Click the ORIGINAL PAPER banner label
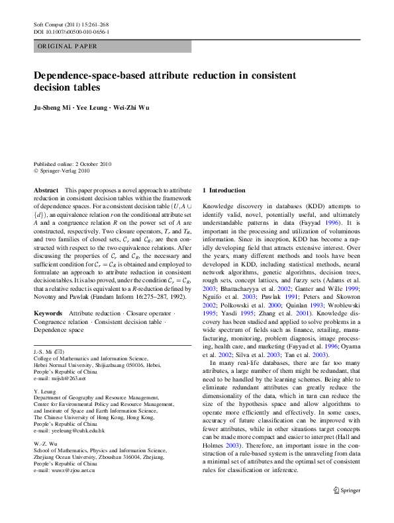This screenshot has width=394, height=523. (x=68, y=47)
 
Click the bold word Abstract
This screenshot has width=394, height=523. (x=46, y=190)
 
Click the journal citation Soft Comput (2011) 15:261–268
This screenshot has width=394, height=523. (x=71, y=24)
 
